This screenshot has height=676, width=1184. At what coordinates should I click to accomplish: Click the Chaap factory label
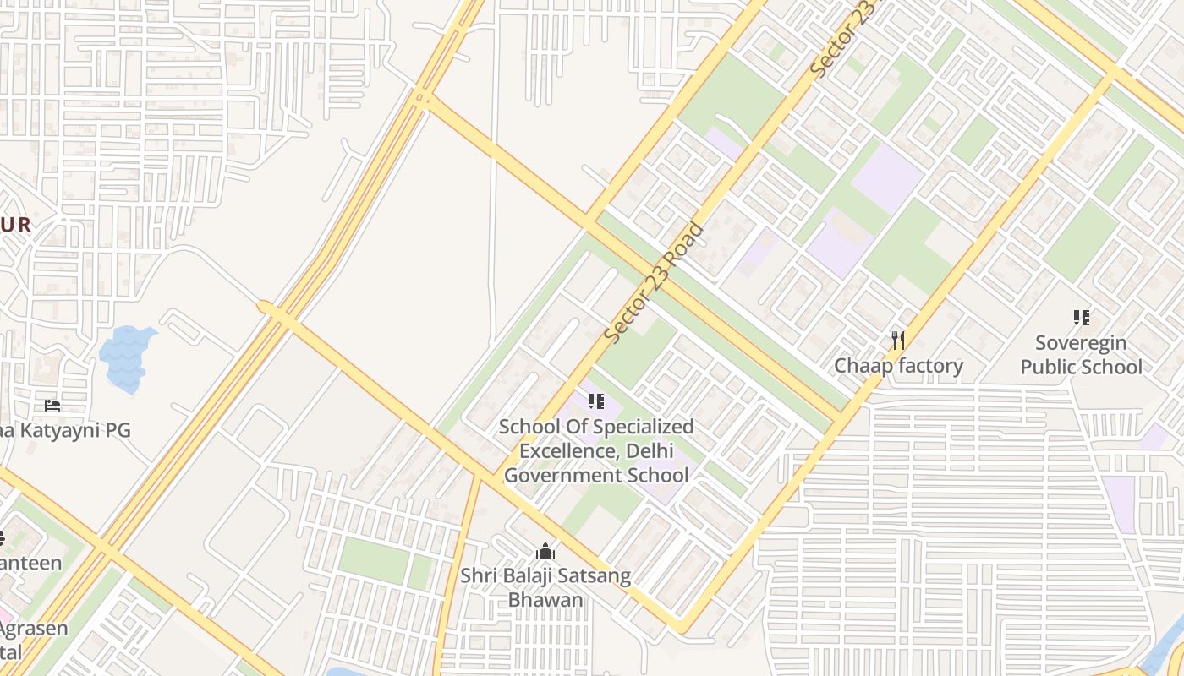pyautogui.click(x=898, y=366)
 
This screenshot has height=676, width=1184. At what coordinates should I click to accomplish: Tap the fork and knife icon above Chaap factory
pyautogui.click(x=898, y=341)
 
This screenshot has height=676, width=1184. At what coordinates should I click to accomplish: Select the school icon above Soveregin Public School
pyautogui.click(x=1081, y=318)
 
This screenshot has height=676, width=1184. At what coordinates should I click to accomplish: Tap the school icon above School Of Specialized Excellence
pyautogui.click(x=595, y=401)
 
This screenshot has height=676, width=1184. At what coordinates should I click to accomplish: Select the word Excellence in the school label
pyautogui.click(x=568, y=450)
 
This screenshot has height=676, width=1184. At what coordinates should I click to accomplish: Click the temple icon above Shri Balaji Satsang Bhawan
pyautogui.click(x=545, y=552)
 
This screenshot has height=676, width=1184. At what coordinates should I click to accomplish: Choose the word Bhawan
pyautogui.click(x=545, y=600)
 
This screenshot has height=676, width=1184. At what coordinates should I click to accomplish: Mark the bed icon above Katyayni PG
pyautogui.click(x=52, y=406)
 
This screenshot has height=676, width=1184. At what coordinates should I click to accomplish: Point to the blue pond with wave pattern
pyautogui.click(x=127, y=358)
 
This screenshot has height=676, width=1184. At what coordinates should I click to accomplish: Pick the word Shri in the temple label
pyautogui.click(x=478, y=576)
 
